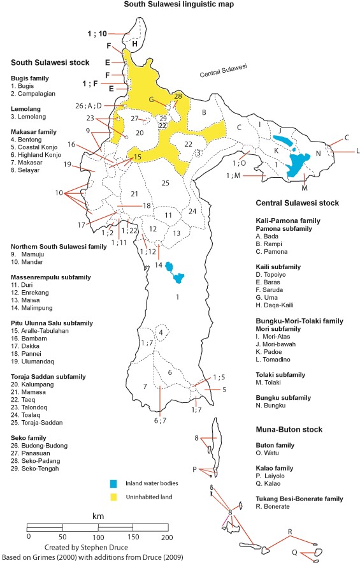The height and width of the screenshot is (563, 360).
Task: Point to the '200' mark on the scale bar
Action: point(166,537)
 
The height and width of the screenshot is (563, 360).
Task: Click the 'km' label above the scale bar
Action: point(97,515)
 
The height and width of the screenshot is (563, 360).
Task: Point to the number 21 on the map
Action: point(134,194)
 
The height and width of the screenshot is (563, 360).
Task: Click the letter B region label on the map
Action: point(204,113)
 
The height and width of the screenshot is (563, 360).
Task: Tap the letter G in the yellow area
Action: point(152,99)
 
